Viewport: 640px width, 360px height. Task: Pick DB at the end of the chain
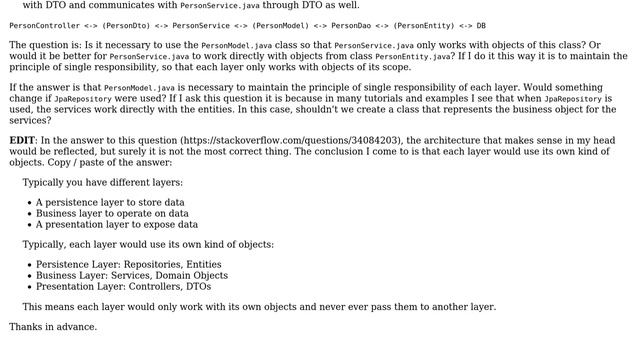[x=481, y=26]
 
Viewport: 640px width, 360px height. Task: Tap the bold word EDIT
[x=22, y=141]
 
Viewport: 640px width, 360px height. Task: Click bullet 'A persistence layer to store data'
[x=110, y=202]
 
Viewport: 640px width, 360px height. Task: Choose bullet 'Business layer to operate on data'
[x=112, y=213]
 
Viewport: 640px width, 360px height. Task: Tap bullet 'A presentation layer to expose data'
[x=117, y=224]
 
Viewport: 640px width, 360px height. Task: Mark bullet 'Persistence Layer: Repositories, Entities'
[x=129, y=264]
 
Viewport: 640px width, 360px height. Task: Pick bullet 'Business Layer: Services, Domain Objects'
[x=132, y=275]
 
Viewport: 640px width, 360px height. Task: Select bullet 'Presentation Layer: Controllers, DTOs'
[x=123, y=286]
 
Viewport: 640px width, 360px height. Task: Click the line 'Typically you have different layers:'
[x=103, y=182]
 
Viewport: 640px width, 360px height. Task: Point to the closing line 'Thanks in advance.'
[x=53, y=327]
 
